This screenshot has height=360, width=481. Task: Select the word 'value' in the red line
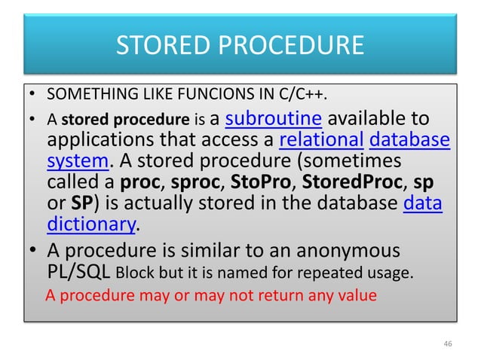coord(357,295)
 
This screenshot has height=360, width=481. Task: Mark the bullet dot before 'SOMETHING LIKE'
coord(34,97)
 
